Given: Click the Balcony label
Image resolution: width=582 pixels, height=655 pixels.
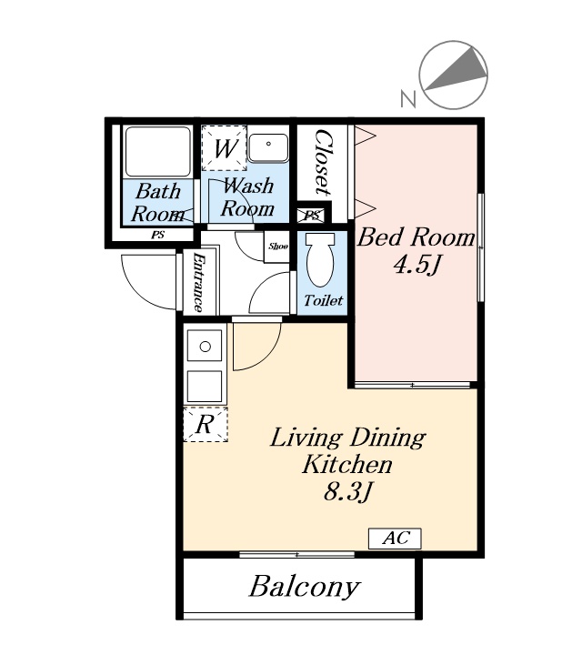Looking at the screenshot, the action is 305,587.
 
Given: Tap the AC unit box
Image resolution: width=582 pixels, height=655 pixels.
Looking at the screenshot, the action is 395,538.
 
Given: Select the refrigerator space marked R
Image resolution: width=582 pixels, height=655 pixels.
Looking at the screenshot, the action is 206,424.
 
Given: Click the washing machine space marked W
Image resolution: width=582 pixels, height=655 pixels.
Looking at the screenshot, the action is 225,148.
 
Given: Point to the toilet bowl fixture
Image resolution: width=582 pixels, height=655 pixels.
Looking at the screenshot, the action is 320,259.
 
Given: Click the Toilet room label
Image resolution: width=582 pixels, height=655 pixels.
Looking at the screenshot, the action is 323,300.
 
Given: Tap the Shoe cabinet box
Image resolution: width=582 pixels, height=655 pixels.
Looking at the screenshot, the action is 277,247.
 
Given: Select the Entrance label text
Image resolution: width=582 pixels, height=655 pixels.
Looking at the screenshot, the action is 198,282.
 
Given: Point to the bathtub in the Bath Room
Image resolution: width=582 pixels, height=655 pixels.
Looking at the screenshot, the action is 158,151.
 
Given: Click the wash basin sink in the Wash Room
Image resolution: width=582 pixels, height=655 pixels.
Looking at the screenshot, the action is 268,148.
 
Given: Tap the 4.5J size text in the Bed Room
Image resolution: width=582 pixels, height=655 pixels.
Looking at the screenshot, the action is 416,265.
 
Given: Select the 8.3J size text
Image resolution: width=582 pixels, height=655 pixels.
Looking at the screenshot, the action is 347,491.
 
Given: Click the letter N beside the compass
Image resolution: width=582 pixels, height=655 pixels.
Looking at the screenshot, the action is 408,99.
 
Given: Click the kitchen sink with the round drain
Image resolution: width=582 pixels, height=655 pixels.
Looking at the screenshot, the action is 205,346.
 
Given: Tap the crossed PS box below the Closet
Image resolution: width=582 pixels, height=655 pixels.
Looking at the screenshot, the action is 312,216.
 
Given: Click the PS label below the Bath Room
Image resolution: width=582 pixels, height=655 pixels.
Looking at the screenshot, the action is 158,236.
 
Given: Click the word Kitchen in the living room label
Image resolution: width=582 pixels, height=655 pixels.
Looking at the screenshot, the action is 347,465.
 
